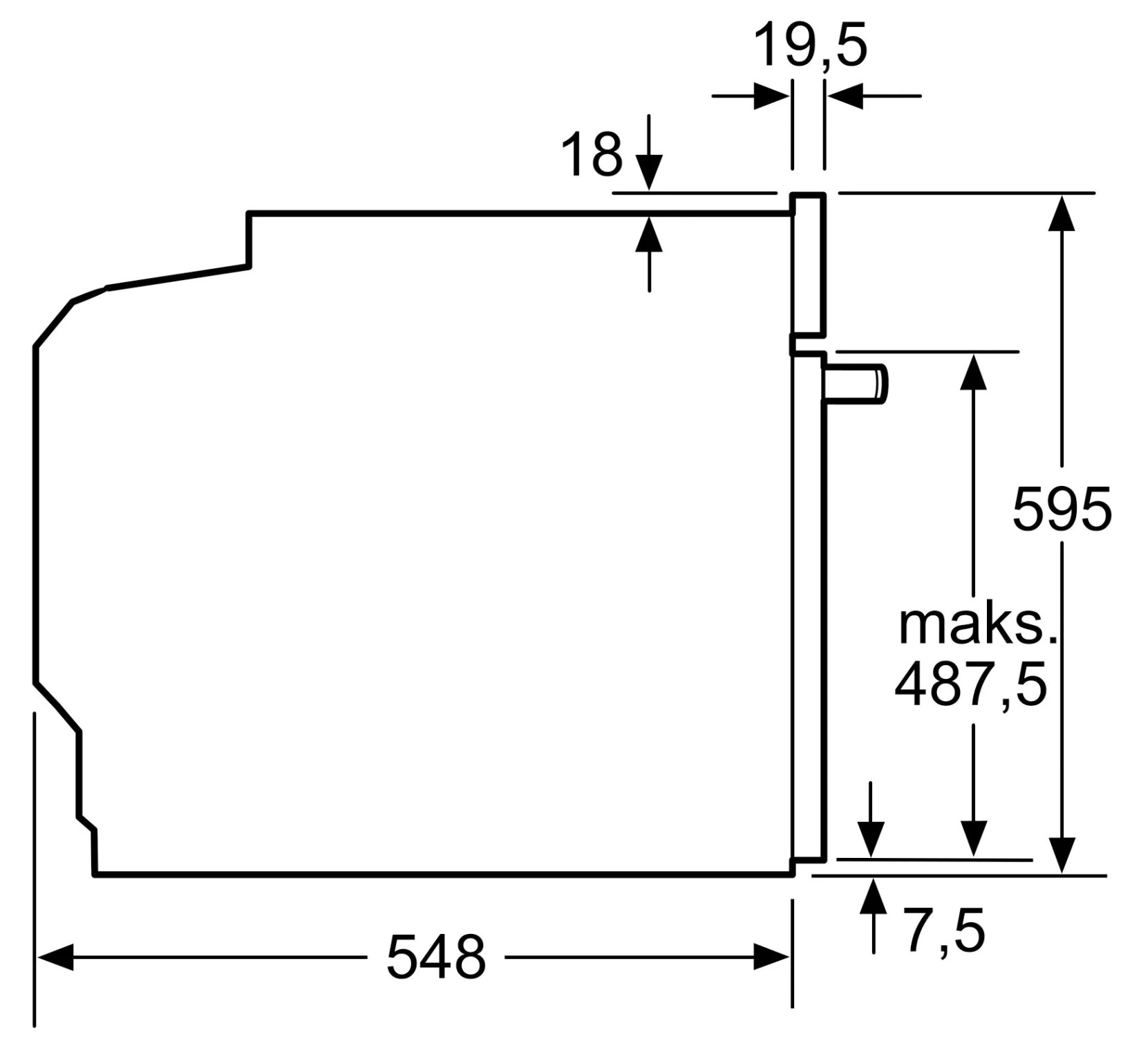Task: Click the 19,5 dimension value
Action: tap(809, 45)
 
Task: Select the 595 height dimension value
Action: tap(1062, 510)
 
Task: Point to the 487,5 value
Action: tap(971, 684)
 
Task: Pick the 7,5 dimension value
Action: tap(945, 931)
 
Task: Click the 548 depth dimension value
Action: tap(435, 957)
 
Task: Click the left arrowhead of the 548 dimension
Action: tap(55, 957)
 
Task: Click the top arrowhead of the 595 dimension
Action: tap(1062, 212)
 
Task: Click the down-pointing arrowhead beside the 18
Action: tap(649, 173)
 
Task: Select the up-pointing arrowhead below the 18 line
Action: tap(649, 234)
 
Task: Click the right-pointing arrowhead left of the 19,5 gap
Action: tap(771, 96)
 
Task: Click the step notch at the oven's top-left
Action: tap(249, 239)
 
